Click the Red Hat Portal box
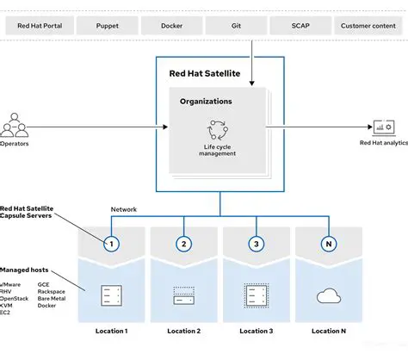[40, 26]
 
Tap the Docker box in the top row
[171, 26]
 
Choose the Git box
[235, 26]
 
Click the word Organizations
[205, 102]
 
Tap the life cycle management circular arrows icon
[217, 130]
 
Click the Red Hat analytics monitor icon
[381, 127]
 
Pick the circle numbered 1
[111, 244]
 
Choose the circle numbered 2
[183, 244]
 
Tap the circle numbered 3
[256, 244]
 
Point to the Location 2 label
[183, 331]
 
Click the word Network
[124, 209]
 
